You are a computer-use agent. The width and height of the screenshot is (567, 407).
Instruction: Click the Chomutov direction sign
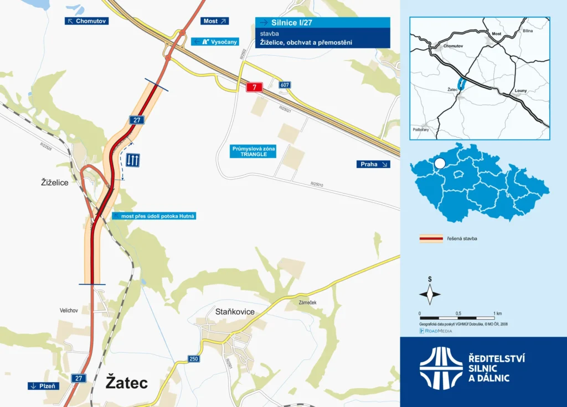click(87, 21)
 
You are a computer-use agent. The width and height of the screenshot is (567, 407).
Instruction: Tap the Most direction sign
click(214, 21)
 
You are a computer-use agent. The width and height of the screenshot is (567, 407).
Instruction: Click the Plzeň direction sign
click(43, 386)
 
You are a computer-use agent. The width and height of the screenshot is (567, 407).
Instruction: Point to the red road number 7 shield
click(254, 87)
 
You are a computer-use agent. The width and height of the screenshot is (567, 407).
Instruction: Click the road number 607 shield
click(285, 85)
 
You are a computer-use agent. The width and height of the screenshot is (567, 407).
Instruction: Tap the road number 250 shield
click(194, 359)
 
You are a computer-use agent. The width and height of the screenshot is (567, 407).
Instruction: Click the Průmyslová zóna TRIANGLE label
click(254, 152)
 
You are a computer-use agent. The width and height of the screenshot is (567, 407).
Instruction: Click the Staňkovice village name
click(235, 312)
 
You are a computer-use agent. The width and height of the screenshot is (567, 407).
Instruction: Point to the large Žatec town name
click(127, 383)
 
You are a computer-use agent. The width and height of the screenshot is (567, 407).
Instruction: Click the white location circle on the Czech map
click(440, 163)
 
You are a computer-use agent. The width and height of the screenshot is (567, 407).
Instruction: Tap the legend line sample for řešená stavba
click(431, 239)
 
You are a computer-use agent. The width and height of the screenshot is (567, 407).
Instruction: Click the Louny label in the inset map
click(521, 90)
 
